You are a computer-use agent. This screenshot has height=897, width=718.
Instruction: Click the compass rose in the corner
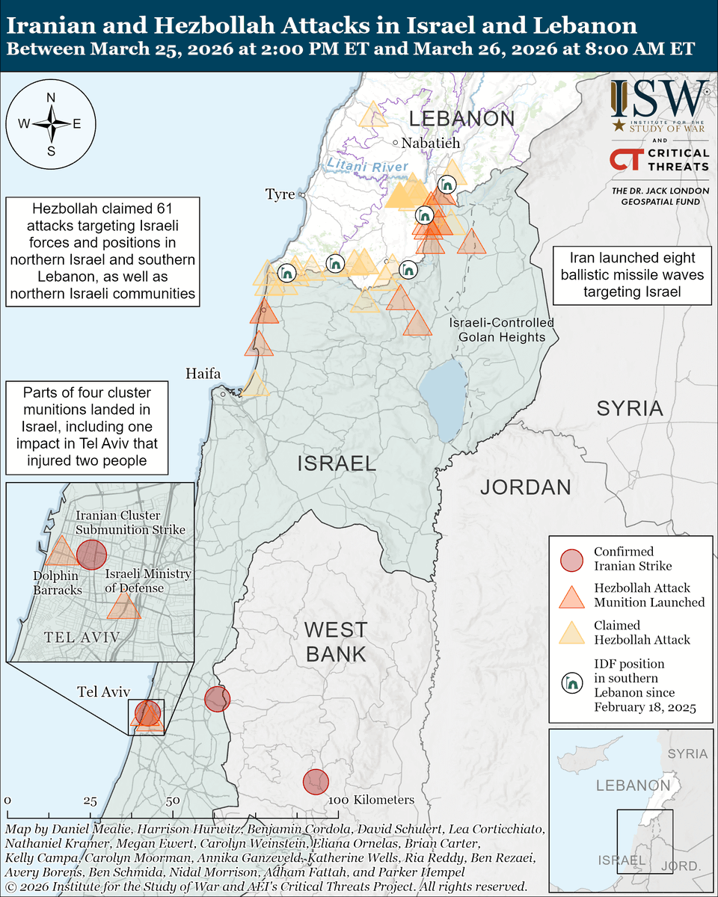51,124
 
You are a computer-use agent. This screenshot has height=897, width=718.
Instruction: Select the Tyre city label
280,194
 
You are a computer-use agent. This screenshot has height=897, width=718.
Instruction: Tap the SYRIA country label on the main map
630,408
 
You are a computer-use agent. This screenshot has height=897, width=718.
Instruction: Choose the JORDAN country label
525,487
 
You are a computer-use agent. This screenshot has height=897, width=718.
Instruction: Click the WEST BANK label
335,641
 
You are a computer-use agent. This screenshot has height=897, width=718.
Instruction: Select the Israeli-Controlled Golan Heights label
502,330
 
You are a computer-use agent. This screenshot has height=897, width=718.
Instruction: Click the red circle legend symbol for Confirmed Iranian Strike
571,559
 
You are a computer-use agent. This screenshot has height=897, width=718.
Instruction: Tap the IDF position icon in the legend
571,683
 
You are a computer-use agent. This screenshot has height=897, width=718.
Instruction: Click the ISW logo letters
658,99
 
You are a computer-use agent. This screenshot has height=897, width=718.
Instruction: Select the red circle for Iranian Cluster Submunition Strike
92,555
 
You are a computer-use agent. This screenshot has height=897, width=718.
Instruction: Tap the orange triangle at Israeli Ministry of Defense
123,607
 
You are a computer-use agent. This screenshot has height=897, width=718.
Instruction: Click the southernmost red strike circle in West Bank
316,782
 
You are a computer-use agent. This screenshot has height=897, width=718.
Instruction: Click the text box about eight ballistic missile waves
632,275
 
